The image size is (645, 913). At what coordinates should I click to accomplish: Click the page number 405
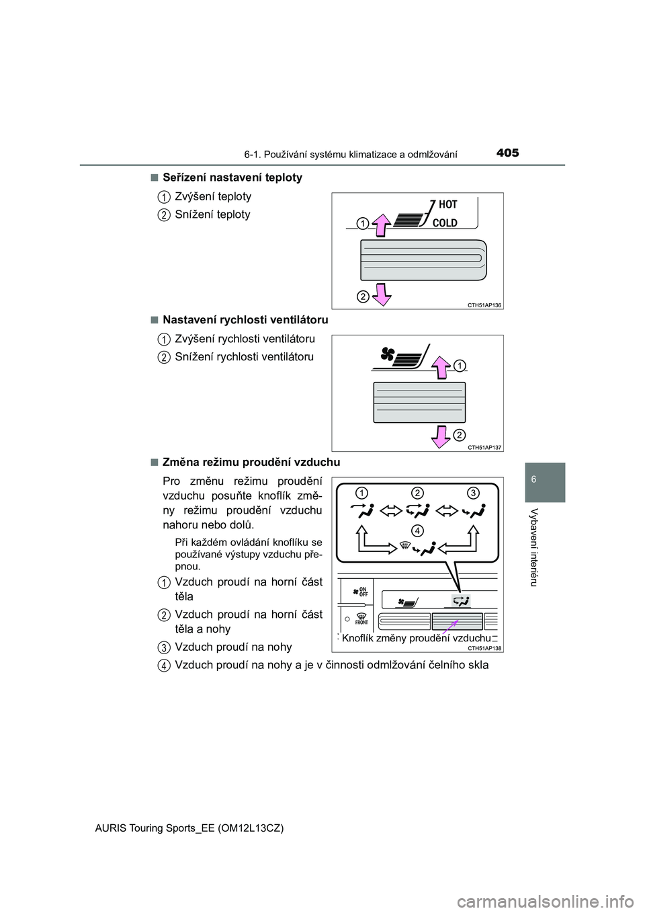(507, 153)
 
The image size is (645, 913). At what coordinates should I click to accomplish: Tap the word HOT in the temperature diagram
(447, 204)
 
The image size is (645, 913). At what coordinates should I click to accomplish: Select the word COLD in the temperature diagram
(445, 223)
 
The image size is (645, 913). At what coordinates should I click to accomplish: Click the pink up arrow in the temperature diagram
(382, 225)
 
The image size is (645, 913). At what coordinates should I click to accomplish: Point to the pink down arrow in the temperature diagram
(382, 294)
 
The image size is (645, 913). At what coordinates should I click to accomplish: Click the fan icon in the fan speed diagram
(388, 354)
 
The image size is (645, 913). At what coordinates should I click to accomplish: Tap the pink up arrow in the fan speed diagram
(441, 368)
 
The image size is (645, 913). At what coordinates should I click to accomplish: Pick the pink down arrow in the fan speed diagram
(441, 435)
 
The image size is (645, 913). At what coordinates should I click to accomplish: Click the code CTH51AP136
(484, 305)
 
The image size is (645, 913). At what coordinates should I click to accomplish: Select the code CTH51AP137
(484, 448)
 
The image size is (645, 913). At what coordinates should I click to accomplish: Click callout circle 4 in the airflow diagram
(418, 530)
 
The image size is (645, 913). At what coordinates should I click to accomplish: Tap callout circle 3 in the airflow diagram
(473, 493)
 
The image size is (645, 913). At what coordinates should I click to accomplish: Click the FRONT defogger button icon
(361, 619)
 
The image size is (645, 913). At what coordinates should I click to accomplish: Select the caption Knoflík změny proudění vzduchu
(416, 638)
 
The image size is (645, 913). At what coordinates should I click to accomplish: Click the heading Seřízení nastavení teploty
(232, 177)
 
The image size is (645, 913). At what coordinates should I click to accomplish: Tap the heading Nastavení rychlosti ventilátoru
(245, 320)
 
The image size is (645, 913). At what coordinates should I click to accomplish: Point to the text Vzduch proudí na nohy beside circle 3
(233, 647)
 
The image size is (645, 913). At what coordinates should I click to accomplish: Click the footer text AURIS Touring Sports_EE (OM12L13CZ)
(189, 828)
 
